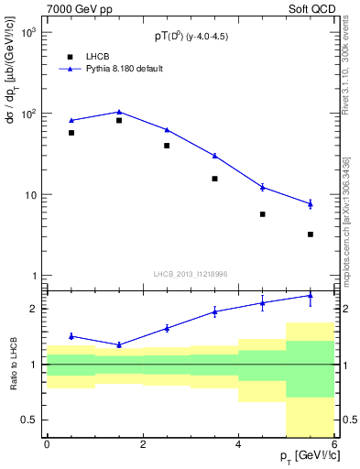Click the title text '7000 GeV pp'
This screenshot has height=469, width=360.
pos(75,8)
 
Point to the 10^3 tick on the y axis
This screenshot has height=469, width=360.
pos(27,33)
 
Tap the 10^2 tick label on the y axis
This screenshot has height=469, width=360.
pos(27,114)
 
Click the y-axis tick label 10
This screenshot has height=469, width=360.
pos(28,195)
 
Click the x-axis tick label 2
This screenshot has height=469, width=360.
pos(143,444)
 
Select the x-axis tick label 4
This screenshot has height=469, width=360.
pos(238,444)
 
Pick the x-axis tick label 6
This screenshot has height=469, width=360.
pos(334,444)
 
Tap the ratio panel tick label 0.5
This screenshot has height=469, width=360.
pos(27,420)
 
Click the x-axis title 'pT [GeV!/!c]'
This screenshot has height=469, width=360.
pos(308,456)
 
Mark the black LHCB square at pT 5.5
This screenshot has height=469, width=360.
pos(311,234)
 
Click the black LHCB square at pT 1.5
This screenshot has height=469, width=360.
pos(119,120)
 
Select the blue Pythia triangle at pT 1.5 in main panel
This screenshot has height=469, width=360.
pos(119,112)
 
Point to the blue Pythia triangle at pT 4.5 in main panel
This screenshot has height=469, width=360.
pos(263,187)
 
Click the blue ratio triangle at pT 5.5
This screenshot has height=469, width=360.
pos(311,295)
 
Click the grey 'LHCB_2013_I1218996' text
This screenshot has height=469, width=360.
pos(190,273)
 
